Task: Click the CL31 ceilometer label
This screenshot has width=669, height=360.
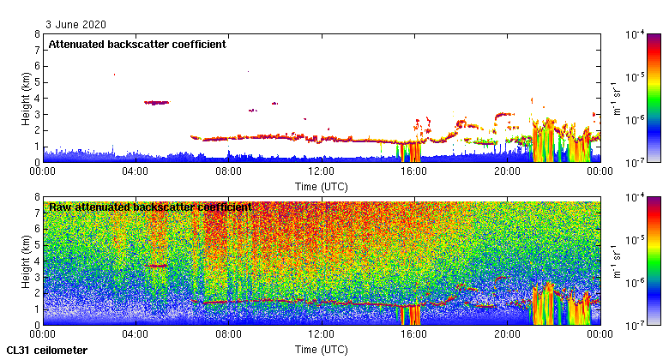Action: tap(46, 351)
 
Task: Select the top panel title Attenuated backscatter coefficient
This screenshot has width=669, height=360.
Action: tap(137, 45)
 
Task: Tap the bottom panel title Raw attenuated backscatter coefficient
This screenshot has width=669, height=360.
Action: tap(150, 207)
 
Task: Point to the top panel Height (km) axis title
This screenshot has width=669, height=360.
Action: tap(27, 98)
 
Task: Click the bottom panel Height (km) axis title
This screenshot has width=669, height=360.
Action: tap(27, 261)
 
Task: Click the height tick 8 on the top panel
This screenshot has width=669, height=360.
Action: tap(37, 34)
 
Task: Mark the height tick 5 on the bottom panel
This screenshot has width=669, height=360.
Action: tap(37, 245)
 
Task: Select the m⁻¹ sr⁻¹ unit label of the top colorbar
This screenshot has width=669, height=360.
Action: tap(615, 99)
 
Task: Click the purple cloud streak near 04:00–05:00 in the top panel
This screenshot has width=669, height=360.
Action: tap(156, 103)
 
